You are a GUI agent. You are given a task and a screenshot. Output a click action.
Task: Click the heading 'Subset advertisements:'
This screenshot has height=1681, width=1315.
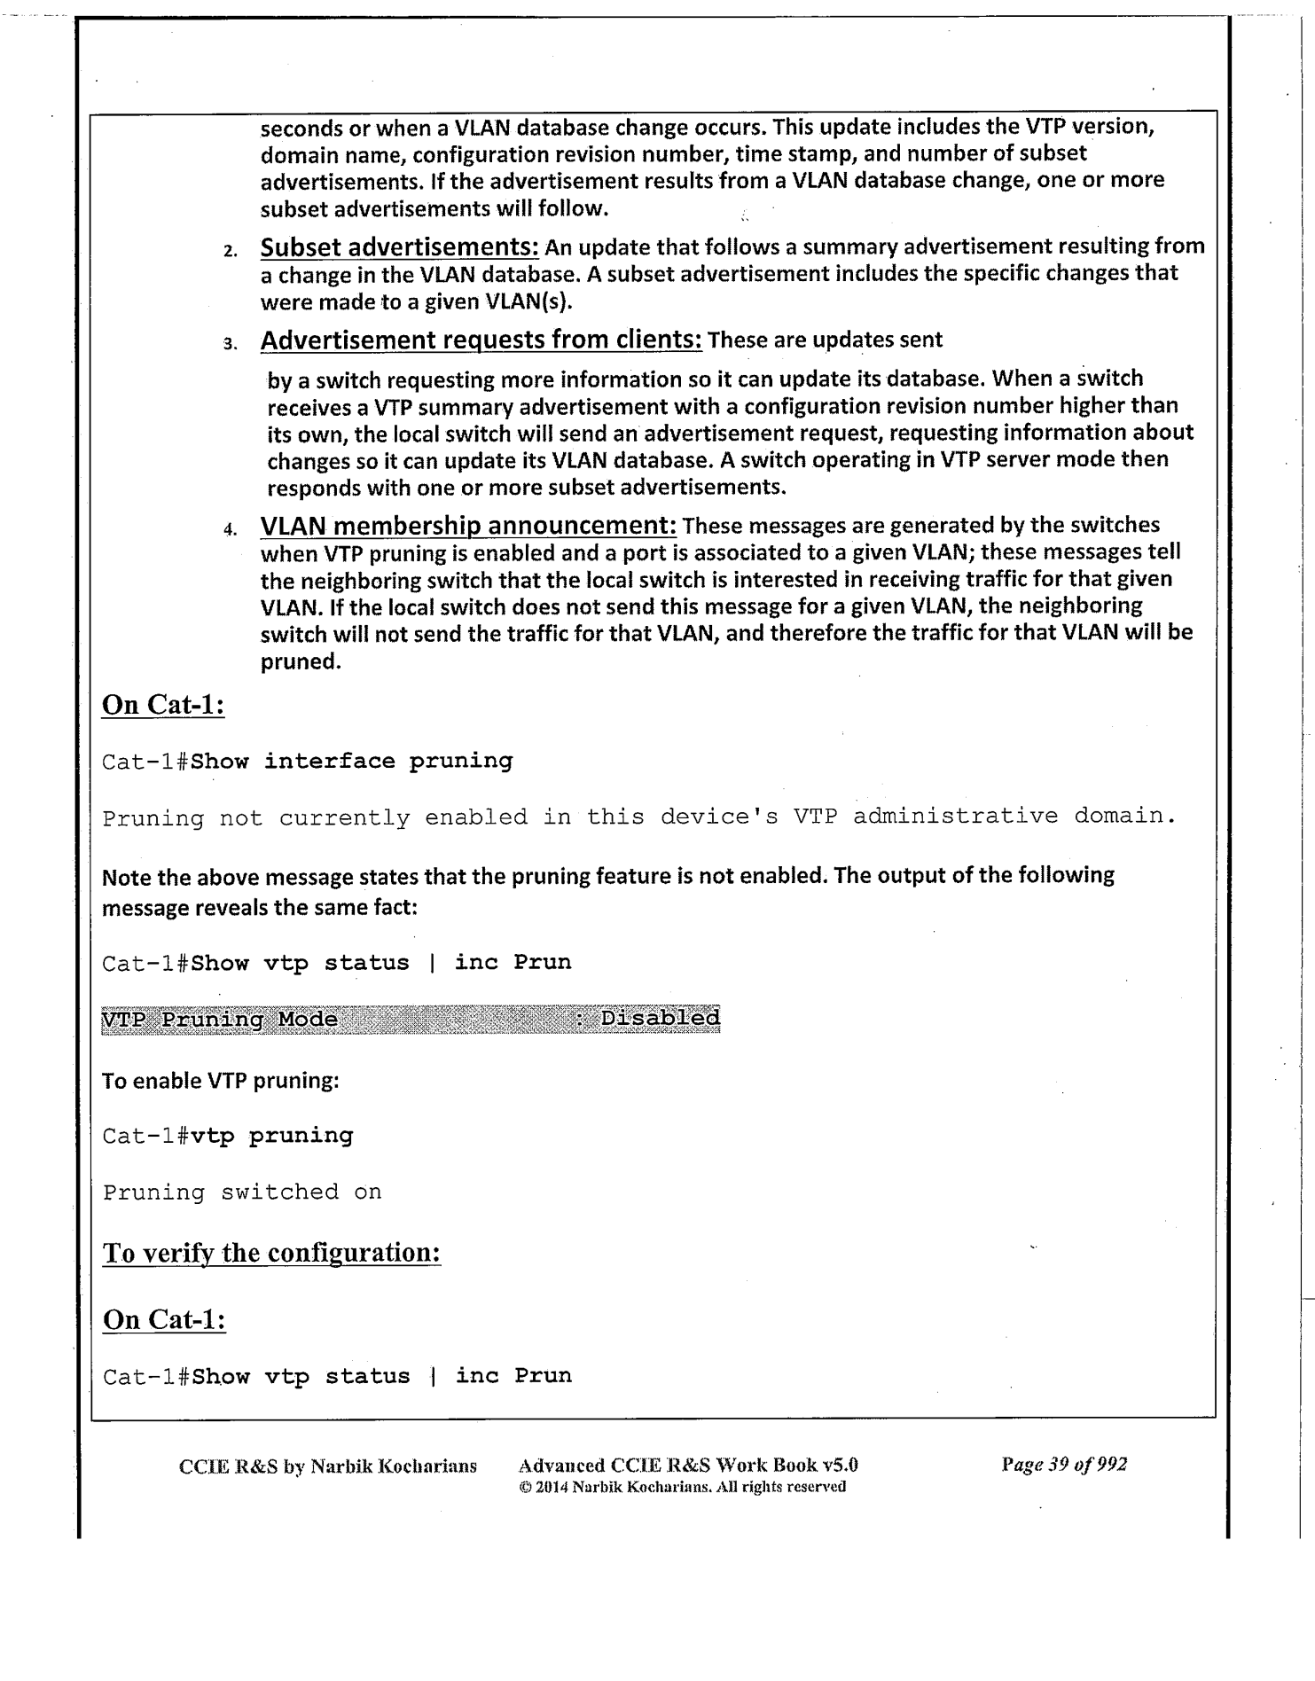[399, 246]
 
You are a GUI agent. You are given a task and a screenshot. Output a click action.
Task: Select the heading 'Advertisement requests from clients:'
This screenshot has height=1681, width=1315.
[481, 340]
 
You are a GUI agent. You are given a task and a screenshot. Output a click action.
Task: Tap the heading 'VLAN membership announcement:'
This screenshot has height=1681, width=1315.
[468, 526]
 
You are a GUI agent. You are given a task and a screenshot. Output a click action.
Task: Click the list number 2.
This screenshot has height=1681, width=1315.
[230, 251]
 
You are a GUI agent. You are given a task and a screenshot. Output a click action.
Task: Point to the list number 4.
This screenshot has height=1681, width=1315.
[230, 530]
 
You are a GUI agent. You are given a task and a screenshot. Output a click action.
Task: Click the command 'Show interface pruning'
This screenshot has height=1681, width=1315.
[352, 761]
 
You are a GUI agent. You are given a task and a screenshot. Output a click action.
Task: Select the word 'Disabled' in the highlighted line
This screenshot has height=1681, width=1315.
[660, 1018]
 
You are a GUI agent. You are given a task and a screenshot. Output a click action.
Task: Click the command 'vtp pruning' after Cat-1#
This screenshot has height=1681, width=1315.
[271, 1136]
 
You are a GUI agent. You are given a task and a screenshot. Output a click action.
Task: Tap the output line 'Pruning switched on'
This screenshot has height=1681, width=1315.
[242, 1192]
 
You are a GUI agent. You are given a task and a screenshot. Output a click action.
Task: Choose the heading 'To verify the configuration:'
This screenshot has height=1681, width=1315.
[271, 1253]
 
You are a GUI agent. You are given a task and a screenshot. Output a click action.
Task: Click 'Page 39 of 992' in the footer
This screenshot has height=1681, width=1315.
[1063, 1465]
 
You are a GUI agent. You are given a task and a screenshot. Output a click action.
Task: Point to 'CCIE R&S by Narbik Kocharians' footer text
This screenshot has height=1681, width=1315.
[327, 1466]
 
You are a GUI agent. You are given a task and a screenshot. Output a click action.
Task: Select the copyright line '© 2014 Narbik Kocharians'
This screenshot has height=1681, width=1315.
[681, 1487]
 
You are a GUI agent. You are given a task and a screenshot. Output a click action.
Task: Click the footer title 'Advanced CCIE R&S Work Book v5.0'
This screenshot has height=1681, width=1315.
[687, 1466]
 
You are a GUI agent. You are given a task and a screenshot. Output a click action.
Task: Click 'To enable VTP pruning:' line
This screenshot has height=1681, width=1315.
[221, 1081]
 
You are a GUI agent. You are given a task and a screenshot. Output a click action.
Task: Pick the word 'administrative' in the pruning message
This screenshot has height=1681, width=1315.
[955, 816]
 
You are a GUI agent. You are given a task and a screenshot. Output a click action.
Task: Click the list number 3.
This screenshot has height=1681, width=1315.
[230, 345]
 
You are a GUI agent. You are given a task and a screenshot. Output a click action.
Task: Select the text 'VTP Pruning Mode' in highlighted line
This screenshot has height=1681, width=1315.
[220, 1020]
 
